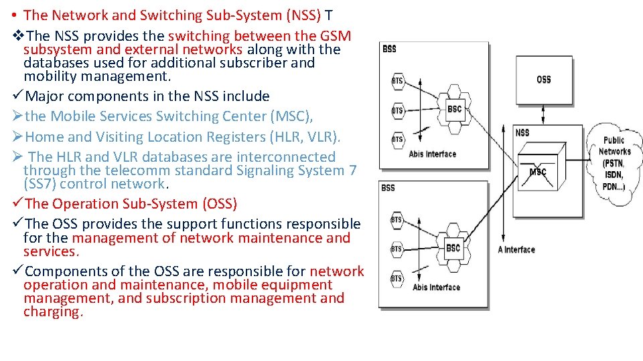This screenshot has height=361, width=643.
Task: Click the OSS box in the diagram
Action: click(544, 80)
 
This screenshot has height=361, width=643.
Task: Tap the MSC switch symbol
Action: click(538, 172)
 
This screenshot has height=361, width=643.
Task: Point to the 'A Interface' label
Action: click(516, 249)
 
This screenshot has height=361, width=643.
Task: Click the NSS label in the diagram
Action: click(522, 132)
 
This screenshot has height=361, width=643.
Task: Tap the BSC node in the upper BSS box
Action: click(455, 108)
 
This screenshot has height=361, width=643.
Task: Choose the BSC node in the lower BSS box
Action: click(453, 248)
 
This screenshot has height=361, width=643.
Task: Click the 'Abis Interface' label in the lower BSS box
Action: click(436, 287)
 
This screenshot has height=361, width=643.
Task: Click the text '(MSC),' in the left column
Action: click(291, 116)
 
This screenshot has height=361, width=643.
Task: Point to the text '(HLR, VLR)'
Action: click(306, 137)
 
